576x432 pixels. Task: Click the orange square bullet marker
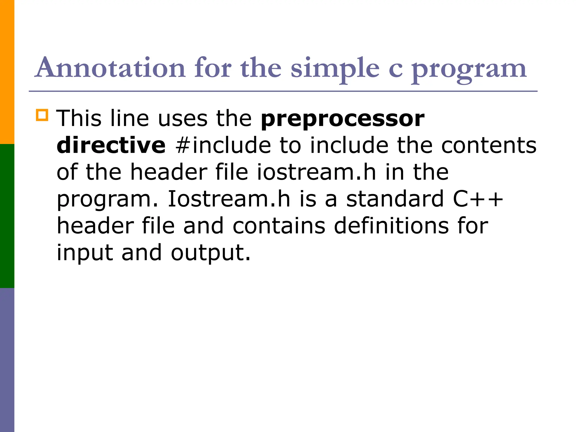coord(42,115)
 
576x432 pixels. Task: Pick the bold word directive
coord(111,145)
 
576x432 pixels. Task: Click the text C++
coord(478,199)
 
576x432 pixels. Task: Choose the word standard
coord(395,199)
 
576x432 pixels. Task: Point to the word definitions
coord(391,225)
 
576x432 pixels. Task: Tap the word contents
coord(489,145)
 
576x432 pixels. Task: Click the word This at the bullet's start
coord(79,118)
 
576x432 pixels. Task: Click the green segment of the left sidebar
coord(7,216)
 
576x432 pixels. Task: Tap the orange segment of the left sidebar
coord(7,72)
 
